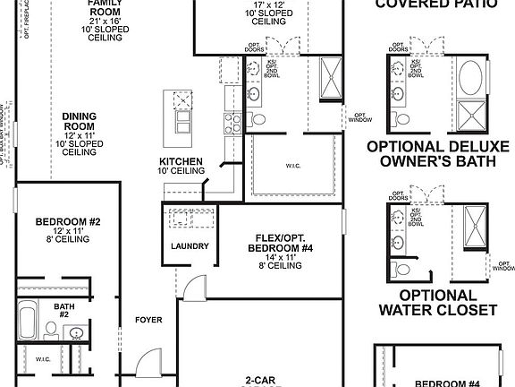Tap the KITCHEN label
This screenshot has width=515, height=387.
click(x=182, y=161)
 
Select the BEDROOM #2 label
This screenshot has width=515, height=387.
click(x=68, y=221)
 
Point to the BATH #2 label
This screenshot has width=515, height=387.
click(x=64, y=310)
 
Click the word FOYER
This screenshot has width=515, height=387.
click(x=148, y=319)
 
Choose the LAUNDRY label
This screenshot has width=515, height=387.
click(x=190, y=246)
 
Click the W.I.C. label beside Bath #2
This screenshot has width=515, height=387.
click(x=43, y=360)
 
